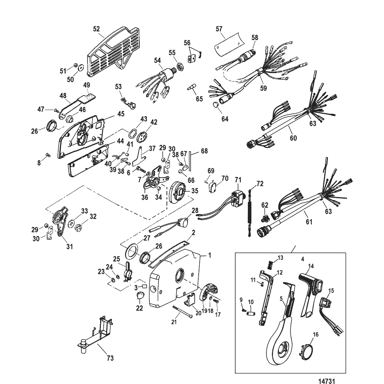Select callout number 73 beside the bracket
tap(110, 358)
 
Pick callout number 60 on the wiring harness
tap(293, 138)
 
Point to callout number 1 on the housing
tap(210, 256)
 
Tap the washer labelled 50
tap(80, 67)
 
